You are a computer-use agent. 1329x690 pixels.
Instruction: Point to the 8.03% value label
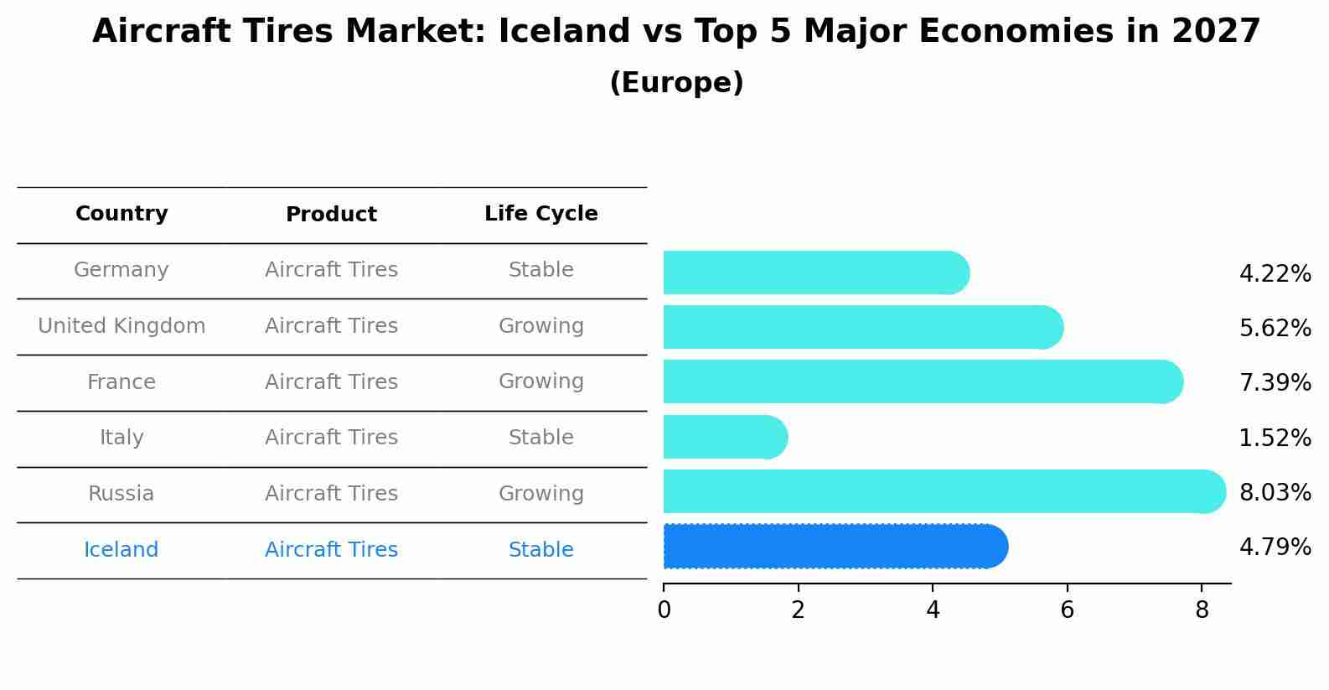point(1275,492)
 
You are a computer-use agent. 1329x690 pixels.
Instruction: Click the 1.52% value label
point(1275,438)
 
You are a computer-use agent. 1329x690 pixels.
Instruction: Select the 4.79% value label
point(1275,547)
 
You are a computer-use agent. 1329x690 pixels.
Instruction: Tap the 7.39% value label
point(1275,383)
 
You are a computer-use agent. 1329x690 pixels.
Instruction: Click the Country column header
point(122,214)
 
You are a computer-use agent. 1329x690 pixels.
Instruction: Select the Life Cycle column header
point(540,214)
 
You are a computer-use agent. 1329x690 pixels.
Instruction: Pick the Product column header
point(331,215)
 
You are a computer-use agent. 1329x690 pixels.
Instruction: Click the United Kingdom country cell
point(122,326)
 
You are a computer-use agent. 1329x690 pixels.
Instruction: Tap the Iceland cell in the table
point(121,550)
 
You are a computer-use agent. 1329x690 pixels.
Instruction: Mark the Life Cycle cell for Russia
point(540,494)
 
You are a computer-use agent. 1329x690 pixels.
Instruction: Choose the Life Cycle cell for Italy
point(540,438)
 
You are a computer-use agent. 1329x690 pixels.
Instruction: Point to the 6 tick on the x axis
point(1067,610)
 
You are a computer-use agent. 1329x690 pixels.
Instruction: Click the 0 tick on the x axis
point(664,610)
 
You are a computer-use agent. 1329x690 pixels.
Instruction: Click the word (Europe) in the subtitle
point(676,83)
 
